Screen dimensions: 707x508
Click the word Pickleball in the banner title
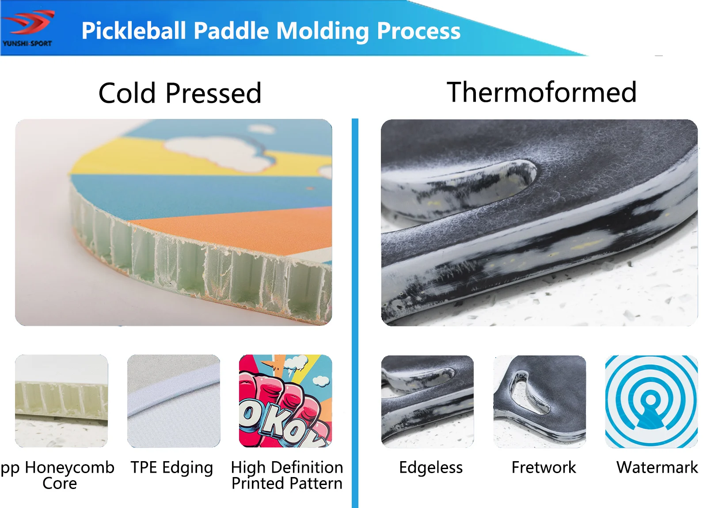[x=133, y=31]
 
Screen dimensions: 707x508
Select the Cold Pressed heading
[x=180, y=93]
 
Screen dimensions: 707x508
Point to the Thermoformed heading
[x=541, y=92]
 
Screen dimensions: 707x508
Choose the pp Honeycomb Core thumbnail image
[x=61, y=401]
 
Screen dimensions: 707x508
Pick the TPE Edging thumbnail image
[x=174, y=401]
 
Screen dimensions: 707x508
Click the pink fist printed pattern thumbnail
[x=285, y=401]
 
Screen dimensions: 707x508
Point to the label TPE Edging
[x=172, y=468]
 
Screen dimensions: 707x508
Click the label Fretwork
[x=544, y=467]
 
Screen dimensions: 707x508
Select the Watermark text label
[x=657, y=467]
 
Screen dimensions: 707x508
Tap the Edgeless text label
[x=431, y=467]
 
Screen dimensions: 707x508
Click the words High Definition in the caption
[x=287, y=467]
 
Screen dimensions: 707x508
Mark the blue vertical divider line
[x=355, y=309]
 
